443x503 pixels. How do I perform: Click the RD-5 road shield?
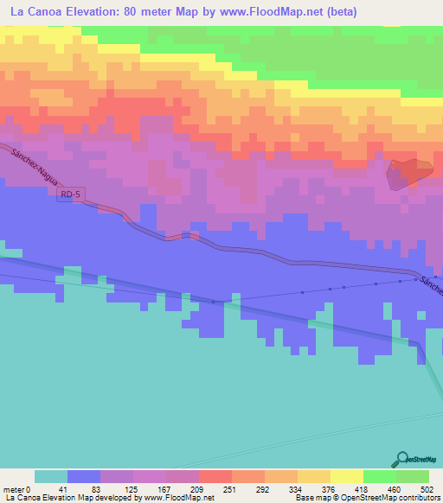point(70,196)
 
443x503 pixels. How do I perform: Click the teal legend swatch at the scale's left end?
point(51,476)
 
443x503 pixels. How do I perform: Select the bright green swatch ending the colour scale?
point(413,476)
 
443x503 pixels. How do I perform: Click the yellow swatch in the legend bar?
point(347,476)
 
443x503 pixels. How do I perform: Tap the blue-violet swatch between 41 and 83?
point(84,476)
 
